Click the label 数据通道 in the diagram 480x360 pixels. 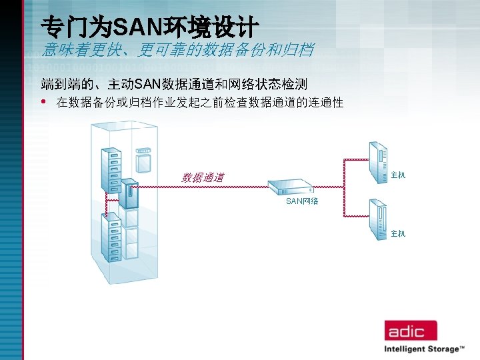(x=203, y=177)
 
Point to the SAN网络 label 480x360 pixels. (x=302, y=201)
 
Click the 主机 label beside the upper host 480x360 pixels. (x=398, y=175)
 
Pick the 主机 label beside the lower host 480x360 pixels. (x=398, y=233)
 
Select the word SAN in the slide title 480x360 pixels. (x=134, y=27)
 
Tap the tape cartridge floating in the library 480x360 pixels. (x=143, y=159)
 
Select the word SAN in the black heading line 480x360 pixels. (x=147, y=85)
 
